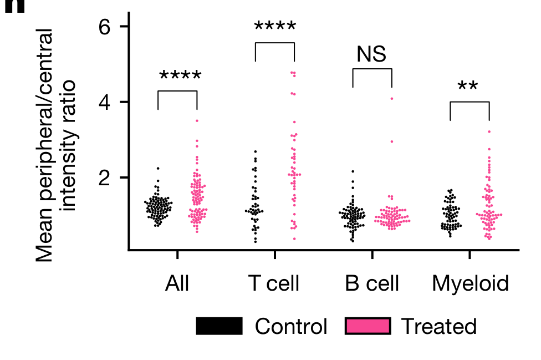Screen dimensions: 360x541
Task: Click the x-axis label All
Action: pos(177,283)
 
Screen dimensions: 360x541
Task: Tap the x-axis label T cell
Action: pos(274,283)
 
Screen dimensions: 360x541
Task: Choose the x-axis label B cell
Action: pos(372,283)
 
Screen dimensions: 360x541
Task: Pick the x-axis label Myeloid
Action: pos(470,283)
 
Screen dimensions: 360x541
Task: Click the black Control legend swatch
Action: pos(219,327)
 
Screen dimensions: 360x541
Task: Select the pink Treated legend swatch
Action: pos(368,327)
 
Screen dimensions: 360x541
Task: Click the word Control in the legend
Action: pos(291,327)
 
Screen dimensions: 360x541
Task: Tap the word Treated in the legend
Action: pos(438,327)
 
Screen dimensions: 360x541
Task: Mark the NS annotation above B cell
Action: pos(371,54)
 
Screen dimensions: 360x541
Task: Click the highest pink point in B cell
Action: pos(391,98)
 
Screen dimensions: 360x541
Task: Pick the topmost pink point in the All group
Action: pos(197,120)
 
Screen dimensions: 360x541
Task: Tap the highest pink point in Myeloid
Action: pos(489,131)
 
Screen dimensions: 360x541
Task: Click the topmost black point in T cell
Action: pos(255,151)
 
